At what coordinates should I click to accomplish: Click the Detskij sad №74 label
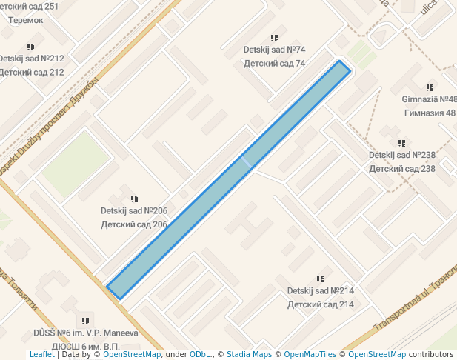point(274,50)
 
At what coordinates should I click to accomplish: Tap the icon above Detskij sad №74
point(275,38)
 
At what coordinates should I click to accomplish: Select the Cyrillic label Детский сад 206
point(134,224)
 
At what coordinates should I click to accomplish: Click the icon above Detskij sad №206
point(134,199)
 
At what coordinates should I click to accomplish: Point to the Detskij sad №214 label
point(320,291)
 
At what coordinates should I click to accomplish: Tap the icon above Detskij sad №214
point(320,279)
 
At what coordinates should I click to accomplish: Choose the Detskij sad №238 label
point(401,155)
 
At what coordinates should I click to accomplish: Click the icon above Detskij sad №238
point(401,143)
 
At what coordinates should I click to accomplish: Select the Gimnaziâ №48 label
point(429,99)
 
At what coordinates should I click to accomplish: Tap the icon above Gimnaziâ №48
point(430,87)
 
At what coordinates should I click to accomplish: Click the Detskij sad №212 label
point(31,59)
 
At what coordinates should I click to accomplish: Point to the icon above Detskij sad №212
point(30,47)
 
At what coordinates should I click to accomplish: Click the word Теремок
point(26,20)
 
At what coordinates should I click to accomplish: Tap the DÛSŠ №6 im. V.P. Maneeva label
point(86,333)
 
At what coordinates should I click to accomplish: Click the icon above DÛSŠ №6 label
point(86,321)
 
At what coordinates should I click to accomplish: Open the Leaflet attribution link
point(42,355)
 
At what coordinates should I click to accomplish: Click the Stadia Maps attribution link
point(249,355)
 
